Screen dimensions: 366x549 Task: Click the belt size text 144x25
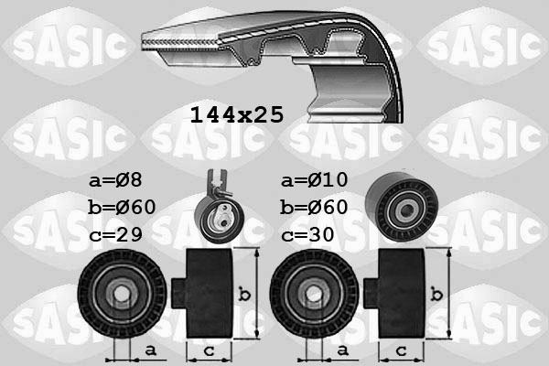(236, 114)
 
